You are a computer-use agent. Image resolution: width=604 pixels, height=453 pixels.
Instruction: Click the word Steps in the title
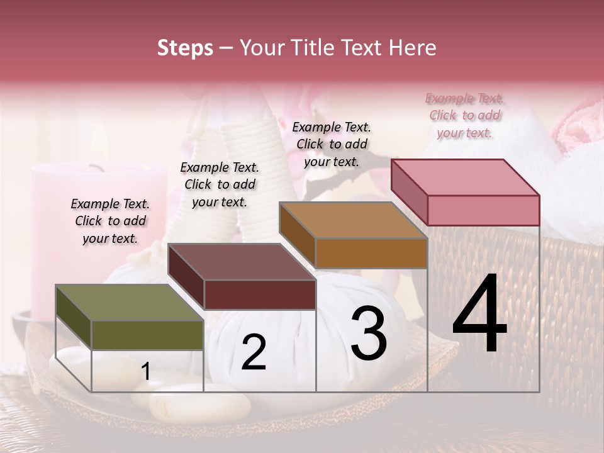point(185,48)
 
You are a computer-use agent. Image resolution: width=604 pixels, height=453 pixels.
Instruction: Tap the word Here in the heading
point(413,48)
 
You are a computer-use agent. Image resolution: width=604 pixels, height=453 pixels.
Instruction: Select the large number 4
point(479,315)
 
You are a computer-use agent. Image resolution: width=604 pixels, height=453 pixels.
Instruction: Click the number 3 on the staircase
point(368,334)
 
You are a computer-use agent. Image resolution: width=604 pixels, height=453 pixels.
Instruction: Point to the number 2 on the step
point(254,353)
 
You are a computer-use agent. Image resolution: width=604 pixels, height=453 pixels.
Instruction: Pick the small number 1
point(146,372)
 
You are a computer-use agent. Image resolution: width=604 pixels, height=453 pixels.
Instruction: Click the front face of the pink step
point(483,210)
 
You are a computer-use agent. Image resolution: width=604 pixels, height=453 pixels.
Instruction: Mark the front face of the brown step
point(371,253)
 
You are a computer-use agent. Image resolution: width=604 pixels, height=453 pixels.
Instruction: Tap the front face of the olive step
point(147,335)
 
